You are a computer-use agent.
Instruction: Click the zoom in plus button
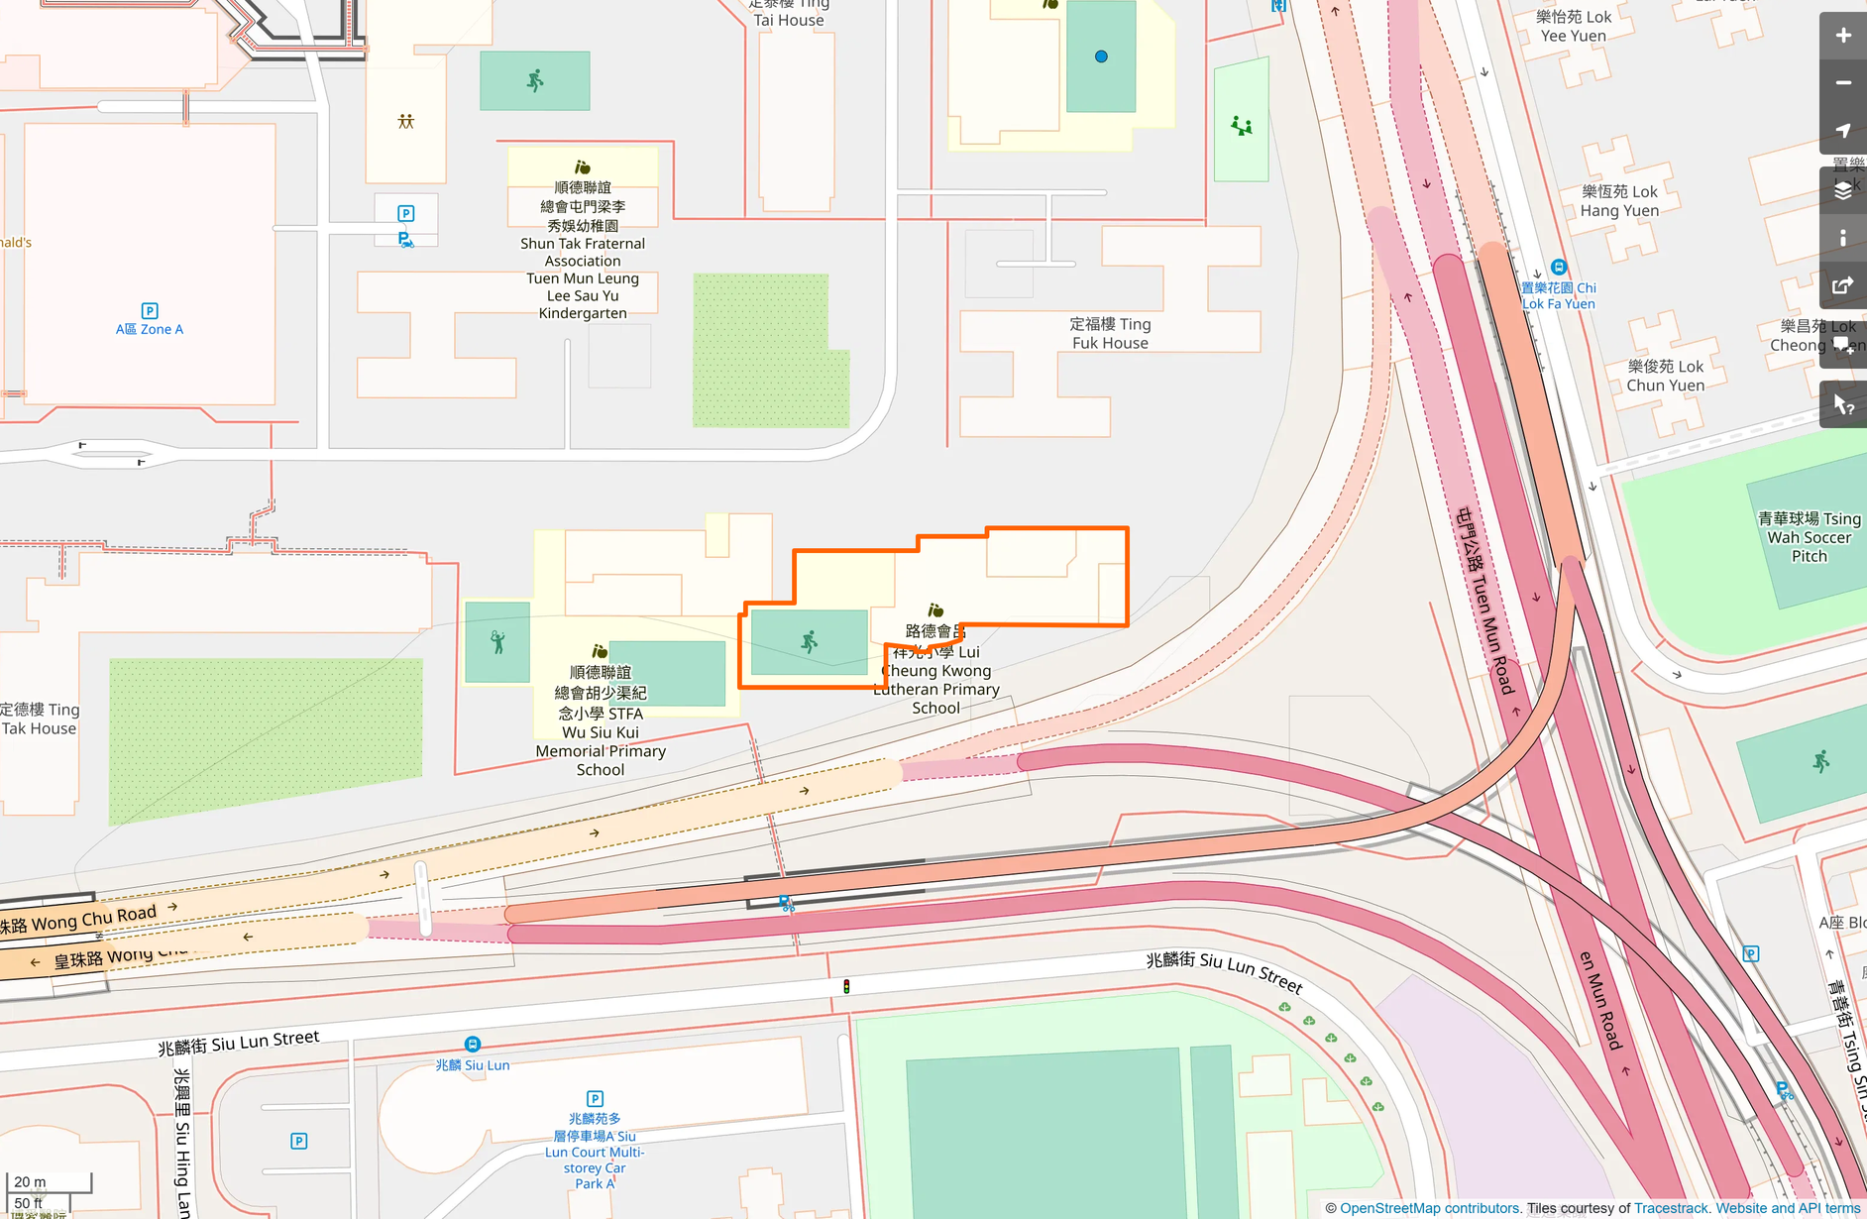click(x=1842, y=36)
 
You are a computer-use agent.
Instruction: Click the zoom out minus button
click(x=1842, y=83)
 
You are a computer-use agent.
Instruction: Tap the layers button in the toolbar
click(x=1842, y=191)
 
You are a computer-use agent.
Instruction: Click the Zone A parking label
click(x=150, y=329)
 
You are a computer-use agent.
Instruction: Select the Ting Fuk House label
click(x=1110, y=334)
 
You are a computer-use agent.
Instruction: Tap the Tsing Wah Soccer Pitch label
click(x=1809, y=537)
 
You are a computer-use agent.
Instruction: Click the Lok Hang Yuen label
click(x=1619, y=201)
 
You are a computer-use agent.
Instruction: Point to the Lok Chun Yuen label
click(x=1665, y=377)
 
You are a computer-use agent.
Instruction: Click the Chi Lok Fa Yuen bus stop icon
click(x=1559, y=268)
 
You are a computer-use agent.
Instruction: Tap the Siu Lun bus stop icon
click(x=473, y=1045)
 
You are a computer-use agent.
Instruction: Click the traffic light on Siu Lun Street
click(x=846, y=986)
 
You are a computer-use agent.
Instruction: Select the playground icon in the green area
click(x=1241, y=126)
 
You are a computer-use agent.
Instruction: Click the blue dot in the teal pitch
click(x=1101, y=56)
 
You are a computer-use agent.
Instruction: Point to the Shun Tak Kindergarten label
click(x=583, y=251)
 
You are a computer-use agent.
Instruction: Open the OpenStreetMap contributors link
click(x=1429, y=1208)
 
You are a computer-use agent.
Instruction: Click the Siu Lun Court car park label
click(x=595, y=1151)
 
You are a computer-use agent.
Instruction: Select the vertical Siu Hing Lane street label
click(x=182, y=1140)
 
